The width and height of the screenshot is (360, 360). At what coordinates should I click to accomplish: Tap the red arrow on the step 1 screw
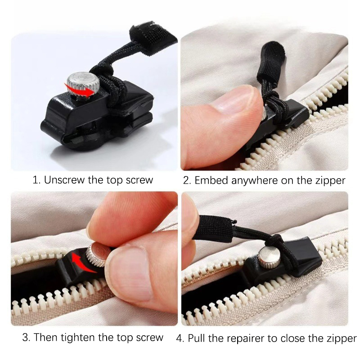click(x=80, y=91)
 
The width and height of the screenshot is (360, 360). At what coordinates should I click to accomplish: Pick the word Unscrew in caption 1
click(x=64, y=180)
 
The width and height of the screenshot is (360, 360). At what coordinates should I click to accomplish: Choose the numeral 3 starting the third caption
click(x=25, y=337)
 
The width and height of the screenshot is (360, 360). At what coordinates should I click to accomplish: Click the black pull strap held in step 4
click(x=215, y=228)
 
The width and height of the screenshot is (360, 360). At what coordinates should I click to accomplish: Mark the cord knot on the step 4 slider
click(x=277, y=241)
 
